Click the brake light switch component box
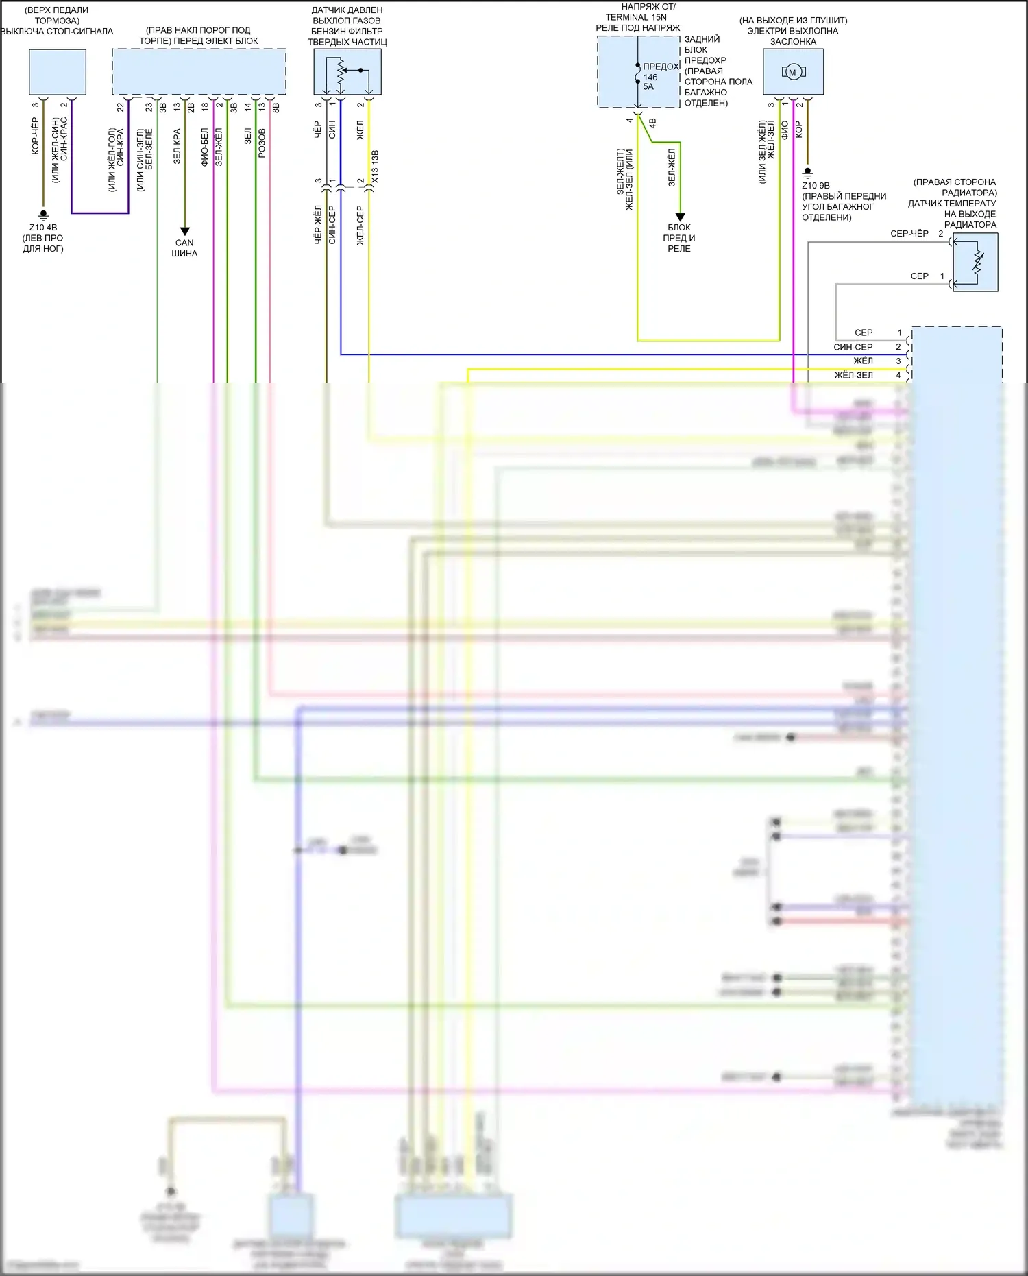pyautogui.click(x=58, y=71)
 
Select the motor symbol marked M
pyautogui.click(x=792, y=72)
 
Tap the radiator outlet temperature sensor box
pyautogui.click(x=975, y=262)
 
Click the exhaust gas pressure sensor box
pyautogui.click(x=347, y=71)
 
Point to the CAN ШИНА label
pyautogui.click(x=184, y=248)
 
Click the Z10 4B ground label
pyautogui.click(x=43, y=227)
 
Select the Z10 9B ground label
pyautogui.click(x=816, y=185)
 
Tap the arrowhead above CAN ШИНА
pyautogui.click(x=184, y=231)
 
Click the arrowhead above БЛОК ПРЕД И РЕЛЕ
pyautogui.click(x=680, y=217)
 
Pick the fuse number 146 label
pyautogui.click(x=650, y=77)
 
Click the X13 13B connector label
pyautogui.click(x=375, y=167)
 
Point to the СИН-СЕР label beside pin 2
pyautogui.click(x=853, y=347)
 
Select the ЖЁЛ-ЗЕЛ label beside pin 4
pyautogui.click(x=853, y=375)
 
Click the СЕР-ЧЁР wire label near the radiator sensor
pyautogui.click(x=909, y=234)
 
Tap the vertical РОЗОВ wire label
pyautogui.click(x=262, y=143)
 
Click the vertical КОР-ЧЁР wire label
pyautogui.click(x=36, y=135)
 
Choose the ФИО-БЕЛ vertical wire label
pyautogui.click(x=205, y=147)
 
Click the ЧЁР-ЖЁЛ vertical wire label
pyautogui.click(x=318, y=224)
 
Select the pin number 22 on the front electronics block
pyautogui.click(x=121, y=107)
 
